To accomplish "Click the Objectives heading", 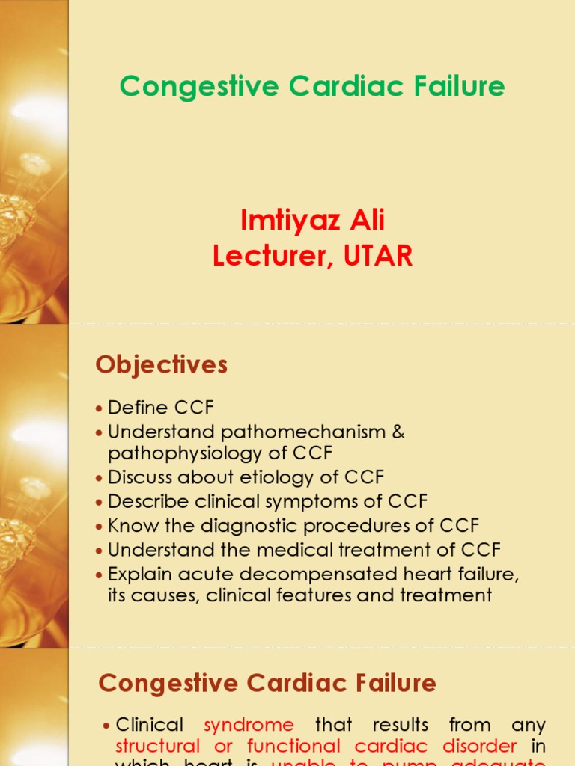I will pyautogui.click(x=161, y=364).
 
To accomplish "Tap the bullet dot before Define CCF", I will pyautogui.click(x=100, y=409).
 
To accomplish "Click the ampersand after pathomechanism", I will pyautogui.click(x=398, y=432).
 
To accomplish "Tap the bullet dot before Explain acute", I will pyautogui.click(x=100, y=574).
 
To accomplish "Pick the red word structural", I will pyautogui.click(x=158, y=746).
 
